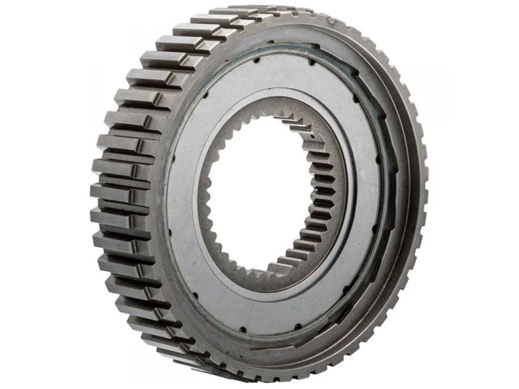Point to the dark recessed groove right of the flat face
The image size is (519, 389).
point(389,194)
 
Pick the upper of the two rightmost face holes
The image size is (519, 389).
point(378,159)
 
